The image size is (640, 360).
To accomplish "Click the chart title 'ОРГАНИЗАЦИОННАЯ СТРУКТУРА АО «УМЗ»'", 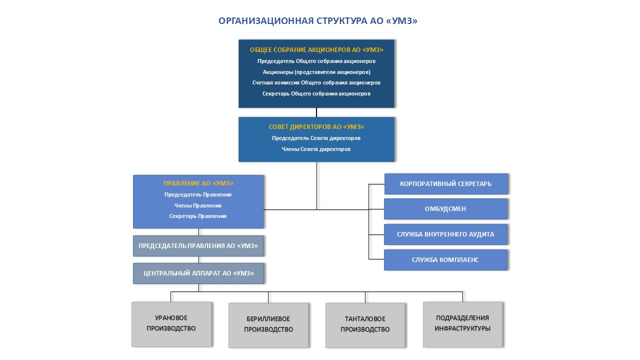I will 317,21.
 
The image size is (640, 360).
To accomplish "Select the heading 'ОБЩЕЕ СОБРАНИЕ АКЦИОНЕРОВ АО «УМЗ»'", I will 316,50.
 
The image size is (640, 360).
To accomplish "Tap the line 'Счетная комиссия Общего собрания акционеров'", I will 316,82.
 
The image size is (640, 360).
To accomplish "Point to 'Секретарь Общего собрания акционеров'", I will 316,93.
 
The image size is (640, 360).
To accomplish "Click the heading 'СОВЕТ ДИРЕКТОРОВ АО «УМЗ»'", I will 316,127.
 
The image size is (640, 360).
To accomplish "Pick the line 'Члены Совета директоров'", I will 316,149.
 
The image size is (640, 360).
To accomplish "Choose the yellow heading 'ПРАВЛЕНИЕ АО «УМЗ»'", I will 198,183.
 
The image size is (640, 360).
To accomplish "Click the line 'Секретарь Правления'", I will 198,216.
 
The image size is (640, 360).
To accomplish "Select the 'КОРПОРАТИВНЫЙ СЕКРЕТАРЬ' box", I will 445,184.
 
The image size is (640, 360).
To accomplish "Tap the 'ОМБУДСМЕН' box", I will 445,209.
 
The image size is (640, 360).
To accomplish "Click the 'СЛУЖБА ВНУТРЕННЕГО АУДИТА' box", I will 445,234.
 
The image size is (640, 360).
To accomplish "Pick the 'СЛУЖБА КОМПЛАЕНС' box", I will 445,260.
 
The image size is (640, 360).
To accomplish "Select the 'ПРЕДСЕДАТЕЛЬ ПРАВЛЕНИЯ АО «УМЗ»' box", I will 198,246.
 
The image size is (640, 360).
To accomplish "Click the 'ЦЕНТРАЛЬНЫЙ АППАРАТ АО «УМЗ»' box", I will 198,273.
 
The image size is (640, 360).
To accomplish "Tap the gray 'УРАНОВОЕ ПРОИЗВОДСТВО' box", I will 171,323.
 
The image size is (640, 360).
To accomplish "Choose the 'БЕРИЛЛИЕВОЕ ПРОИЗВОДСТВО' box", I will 268,324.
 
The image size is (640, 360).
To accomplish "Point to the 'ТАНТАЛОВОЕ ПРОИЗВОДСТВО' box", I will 365,324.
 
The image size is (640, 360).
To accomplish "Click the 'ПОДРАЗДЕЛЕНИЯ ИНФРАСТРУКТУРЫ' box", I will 462,323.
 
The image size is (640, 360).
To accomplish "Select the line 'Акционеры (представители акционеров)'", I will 316,72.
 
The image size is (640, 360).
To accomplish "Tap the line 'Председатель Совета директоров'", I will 316,138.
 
